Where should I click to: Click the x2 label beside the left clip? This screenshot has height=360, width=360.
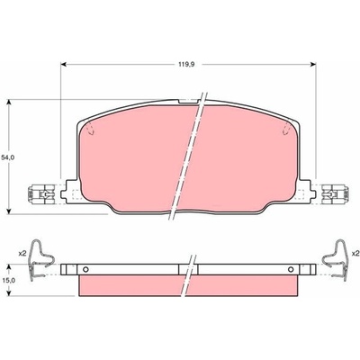tap(22, 254)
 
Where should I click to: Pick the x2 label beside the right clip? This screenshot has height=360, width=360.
tap(356, 254)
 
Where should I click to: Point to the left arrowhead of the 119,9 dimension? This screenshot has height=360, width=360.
tap(63, 64)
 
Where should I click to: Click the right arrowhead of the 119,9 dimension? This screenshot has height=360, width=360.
tap(313, 64)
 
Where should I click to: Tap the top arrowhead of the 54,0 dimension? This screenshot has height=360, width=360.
tap(9, 103)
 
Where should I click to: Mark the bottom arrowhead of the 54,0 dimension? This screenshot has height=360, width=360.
tap(9, 211)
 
